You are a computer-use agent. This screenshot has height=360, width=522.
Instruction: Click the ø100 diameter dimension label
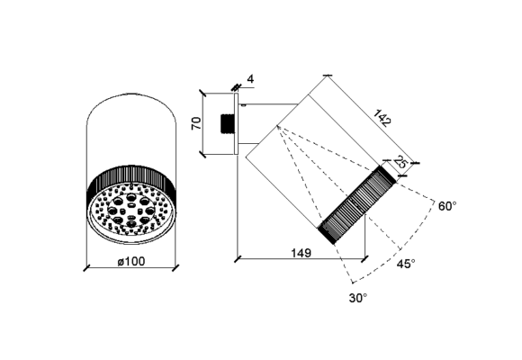coord(131,262)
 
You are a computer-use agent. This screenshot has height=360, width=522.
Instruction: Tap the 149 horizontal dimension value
coord(301,253)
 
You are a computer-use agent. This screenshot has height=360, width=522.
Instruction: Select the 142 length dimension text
coord(382,118)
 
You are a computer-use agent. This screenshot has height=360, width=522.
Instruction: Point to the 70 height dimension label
coord(197,123)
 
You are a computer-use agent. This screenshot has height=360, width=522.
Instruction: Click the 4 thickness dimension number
coord(250,79)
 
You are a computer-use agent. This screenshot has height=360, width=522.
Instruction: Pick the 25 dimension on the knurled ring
coord(400,162)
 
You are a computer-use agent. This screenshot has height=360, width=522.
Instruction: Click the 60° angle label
coord(447,206)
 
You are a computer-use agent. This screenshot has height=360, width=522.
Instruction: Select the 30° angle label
coord(358,298)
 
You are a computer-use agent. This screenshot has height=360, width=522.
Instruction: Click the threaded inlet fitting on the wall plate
coord(228,124)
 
